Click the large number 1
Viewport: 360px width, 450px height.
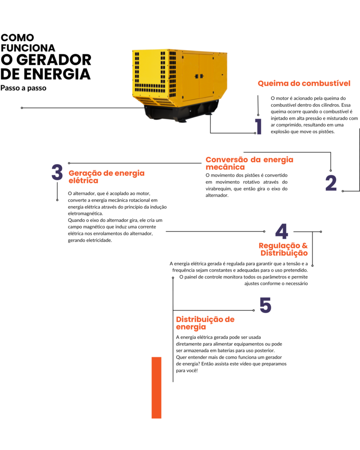tap(258, 127)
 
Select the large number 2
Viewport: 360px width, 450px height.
tap(331, 183)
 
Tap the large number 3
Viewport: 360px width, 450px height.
tap(57, 173)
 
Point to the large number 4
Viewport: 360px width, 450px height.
tap(281, 232)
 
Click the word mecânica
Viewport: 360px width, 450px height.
tap(225, 167)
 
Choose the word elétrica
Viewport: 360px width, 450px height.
tap(83, 181)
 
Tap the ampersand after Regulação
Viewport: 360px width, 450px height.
tap(305, 246)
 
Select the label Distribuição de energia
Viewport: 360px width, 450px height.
tap(205, 323)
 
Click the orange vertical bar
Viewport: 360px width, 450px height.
tap(156, 388)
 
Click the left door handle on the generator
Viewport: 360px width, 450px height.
tap(196, 76)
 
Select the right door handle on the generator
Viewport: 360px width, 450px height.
tap(202, 76)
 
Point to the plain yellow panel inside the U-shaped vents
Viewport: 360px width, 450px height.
tap(149, 66)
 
